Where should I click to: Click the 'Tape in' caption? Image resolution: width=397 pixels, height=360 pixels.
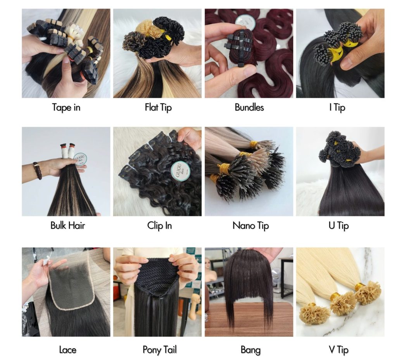click(66, 107)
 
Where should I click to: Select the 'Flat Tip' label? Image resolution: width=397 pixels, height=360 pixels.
click(158, 107)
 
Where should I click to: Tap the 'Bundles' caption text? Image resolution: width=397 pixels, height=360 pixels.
click(249, 107)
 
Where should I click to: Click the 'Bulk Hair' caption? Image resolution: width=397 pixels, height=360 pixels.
click(67, 225)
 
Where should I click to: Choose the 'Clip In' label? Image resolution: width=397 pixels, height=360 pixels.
click(159, 225)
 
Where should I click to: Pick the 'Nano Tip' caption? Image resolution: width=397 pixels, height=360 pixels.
click(250, 225)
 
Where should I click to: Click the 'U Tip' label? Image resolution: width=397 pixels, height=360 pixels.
click(338, 225)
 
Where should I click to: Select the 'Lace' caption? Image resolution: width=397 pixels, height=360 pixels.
click(67, 350)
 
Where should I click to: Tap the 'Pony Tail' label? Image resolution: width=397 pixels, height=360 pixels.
click(159, 350)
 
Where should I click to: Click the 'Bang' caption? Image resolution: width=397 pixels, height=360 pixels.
click(250, 350)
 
